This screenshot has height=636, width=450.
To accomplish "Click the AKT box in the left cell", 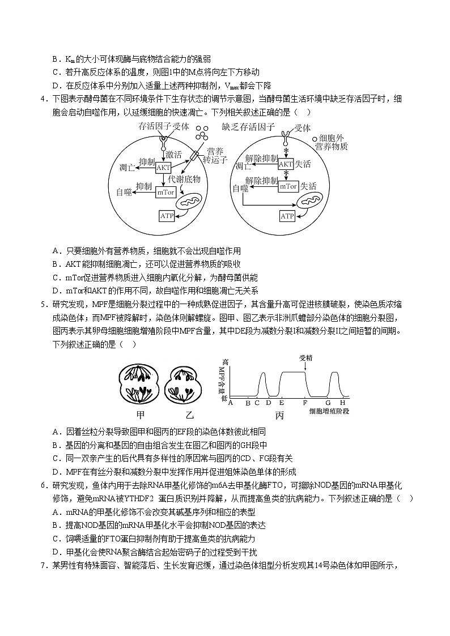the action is [x=163, y=168].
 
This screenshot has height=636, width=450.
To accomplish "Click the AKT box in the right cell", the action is [x=286, y=164].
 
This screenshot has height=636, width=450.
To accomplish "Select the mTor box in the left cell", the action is [x=163, y=192].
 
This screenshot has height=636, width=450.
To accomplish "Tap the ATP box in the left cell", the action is [x=167, y=216].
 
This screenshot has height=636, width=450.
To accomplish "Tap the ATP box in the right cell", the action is [x=288, y=216].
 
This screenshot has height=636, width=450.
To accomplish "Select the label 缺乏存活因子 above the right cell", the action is [x=248, y=127].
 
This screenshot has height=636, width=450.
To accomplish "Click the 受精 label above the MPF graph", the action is [x=305, y=358].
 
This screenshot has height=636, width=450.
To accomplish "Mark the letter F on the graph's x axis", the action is [x=305, y=403].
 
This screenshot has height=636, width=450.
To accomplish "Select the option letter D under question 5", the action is [x=56, y=471].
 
